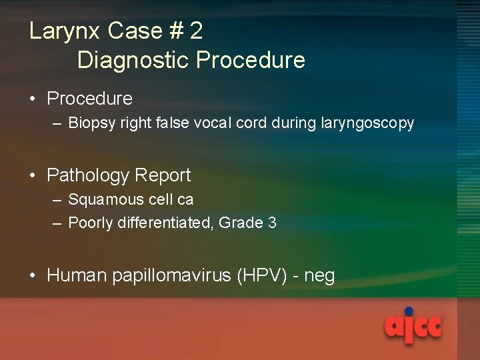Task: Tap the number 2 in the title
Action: click(196, 31)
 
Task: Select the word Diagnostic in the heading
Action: click(133, 60)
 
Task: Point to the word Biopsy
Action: click(89, 123)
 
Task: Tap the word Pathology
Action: click(87, 176)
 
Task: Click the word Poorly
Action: click(91, 223)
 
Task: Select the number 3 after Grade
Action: click(271, 223)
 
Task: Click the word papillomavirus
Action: click(172, 275)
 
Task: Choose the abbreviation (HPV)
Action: click(262, 275)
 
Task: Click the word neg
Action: click(319, 276)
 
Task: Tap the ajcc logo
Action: click(413, 325)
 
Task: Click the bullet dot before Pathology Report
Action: click(33, 176)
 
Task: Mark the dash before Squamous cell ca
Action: click(57, 200)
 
